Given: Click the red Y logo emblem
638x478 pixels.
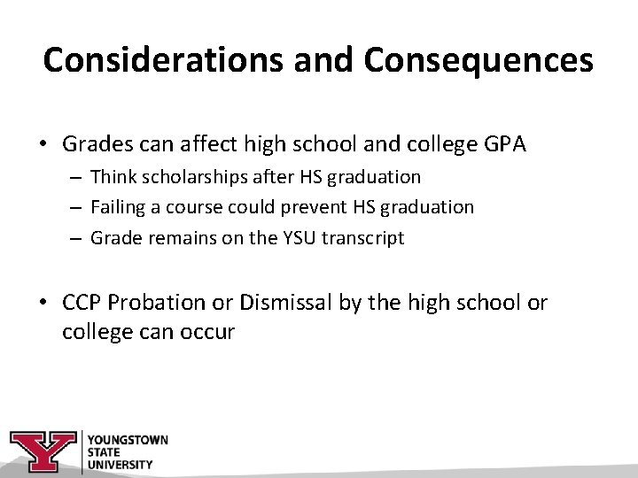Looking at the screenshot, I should point(43,451).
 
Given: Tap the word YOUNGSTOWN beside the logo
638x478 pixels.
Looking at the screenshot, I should point(128,440).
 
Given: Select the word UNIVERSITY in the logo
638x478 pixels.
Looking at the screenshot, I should point(120,463).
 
